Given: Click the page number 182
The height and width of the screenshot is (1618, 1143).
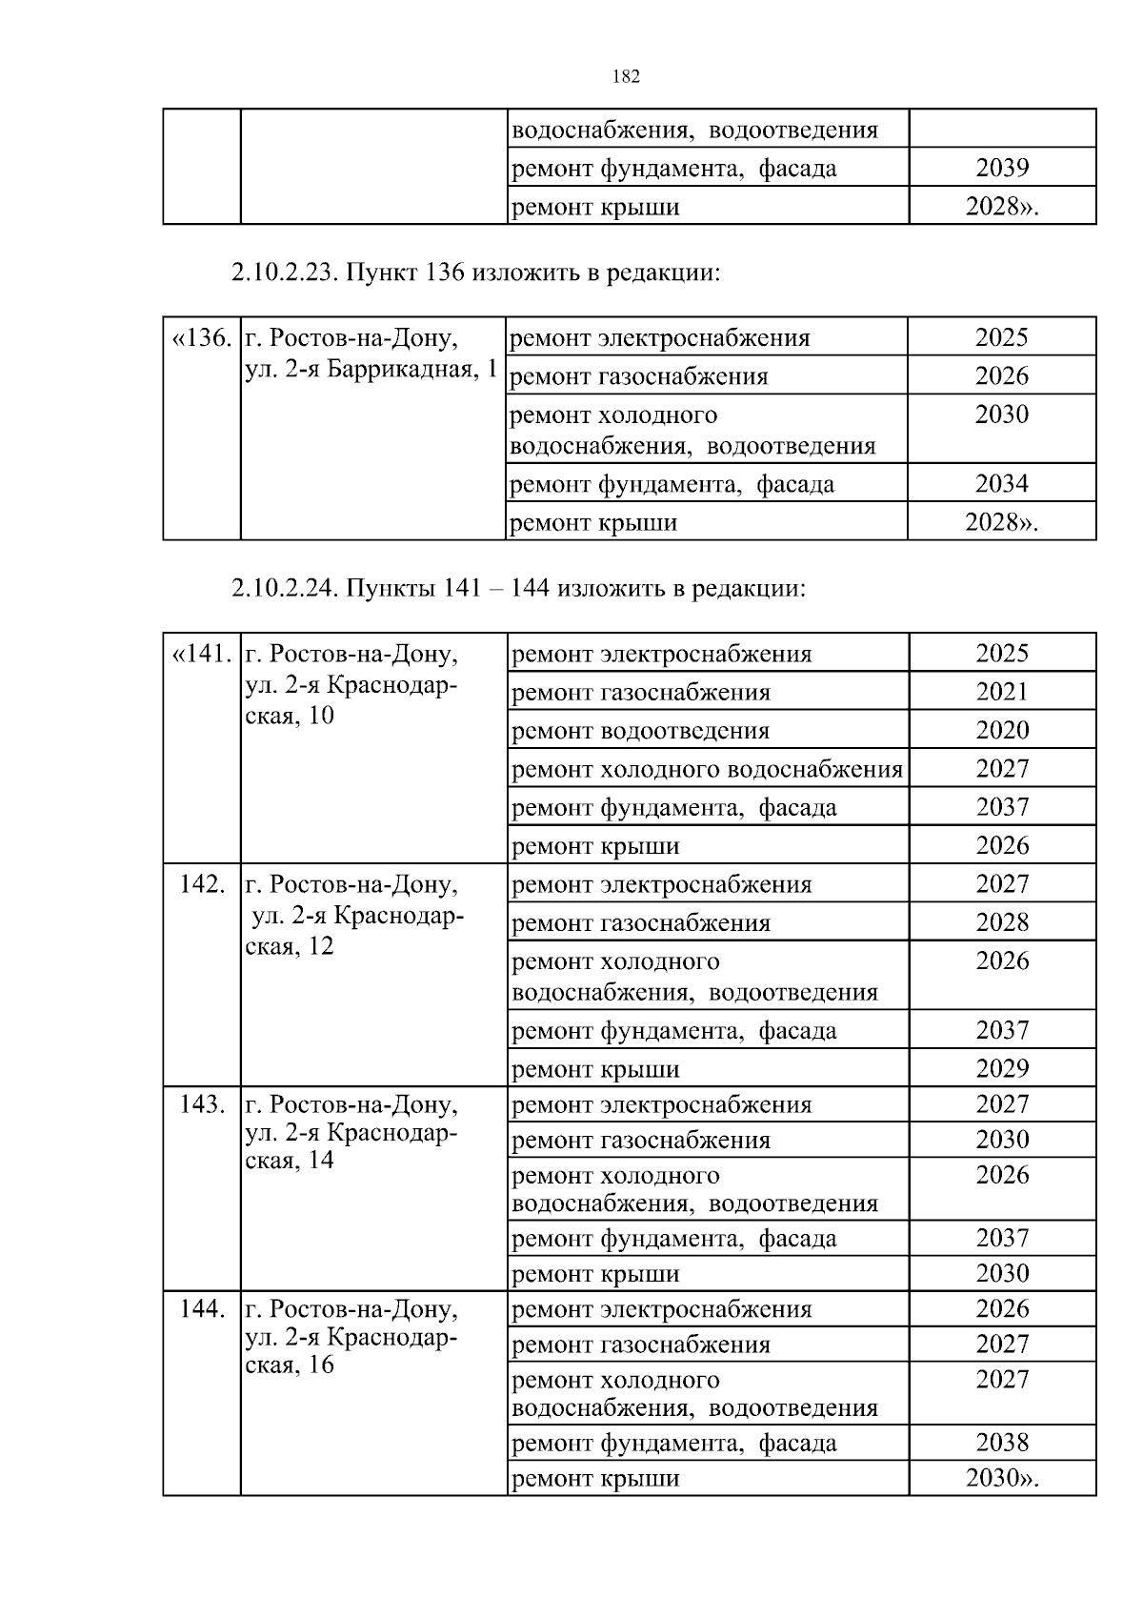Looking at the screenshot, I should [625, 77].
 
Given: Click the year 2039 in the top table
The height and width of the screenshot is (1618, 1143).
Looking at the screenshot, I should [1002, 168].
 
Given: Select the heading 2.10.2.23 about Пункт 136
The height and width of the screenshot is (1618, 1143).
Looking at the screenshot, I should [474, 273].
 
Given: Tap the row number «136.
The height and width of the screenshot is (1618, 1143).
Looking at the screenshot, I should [201, 338].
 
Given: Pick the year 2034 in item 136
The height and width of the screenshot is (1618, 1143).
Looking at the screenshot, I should [1002, 483].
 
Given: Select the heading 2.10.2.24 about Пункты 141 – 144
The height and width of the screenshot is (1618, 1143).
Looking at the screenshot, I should [518, 588].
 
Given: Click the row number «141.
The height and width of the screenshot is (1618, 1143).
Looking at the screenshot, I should [201, 654].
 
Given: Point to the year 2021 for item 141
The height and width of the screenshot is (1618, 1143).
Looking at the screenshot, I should [1002, 692].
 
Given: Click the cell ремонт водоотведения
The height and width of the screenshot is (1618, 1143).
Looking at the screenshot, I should [640, 731].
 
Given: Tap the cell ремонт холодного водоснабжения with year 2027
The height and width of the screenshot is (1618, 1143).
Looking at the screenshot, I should [707, 769].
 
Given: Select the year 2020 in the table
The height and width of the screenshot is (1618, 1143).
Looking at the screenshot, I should [1002, 730].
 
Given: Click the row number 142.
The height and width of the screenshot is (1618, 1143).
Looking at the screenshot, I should [202, 883].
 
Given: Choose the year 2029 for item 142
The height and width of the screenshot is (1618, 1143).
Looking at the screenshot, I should [1002, 1068].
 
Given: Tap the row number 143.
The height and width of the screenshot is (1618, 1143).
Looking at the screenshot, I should [202, 1104].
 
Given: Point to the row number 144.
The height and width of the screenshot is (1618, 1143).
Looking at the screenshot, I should [202, 1308].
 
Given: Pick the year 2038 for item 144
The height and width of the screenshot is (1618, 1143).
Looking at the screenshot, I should [1002, 1442].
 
